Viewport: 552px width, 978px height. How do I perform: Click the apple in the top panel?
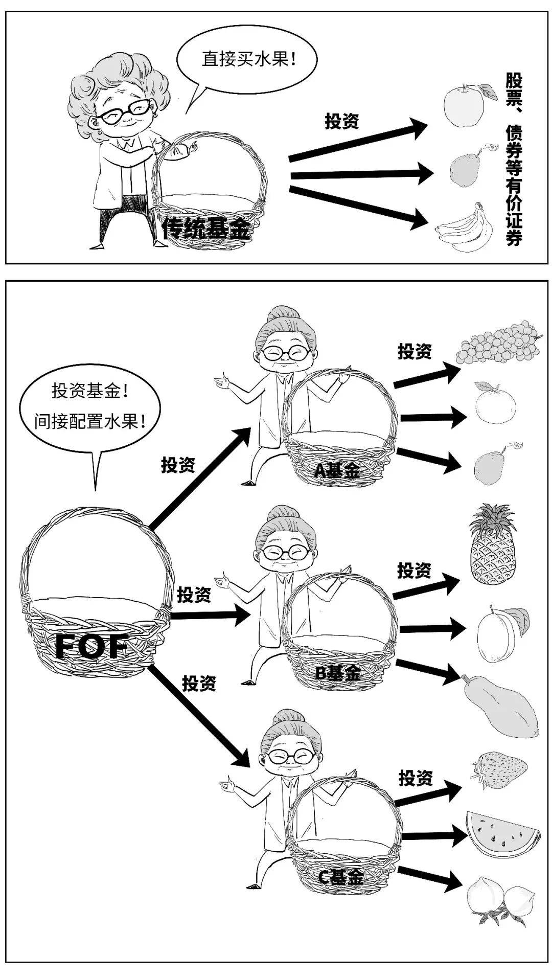(463, 104)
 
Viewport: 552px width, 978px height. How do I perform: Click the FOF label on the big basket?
(91, 647)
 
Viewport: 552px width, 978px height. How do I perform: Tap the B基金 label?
(337, 673)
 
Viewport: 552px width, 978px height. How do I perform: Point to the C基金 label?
(341, 878)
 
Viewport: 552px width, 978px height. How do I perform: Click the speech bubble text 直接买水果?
(249, 59)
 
